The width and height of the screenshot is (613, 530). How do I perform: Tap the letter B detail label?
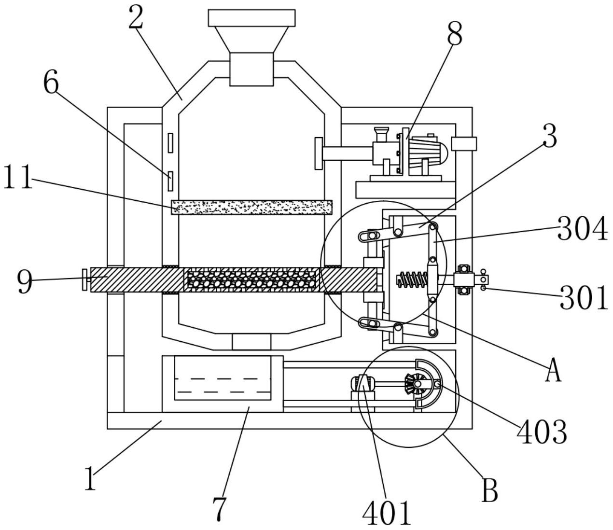pos(489,489)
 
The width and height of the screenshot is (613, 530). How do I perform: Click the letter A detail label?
pos(553,370)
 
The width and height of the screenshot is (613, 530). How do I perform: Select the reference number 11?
pos(18,177)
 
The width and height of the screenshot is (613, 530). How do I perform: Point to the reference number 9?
pos(25,281)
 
